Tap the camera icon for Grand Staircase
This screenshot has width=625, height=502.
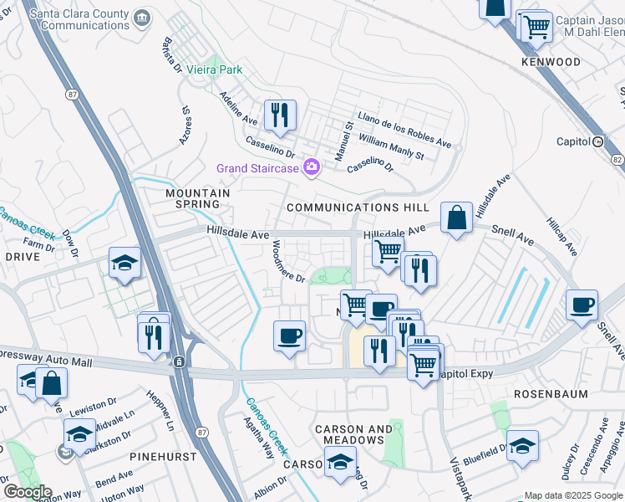(312, 168)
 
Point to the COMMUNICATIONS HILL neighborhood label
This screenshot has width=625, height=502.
(358, 207)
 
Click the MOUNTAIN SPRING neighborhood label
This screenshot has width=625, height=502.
(197, 198)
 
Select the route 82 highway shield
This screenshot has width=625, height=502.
(617, 158)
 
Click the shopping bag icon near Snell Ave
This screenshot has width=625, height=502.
(456, 219)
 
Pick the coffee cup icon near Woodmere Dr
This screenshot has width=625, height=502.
(289, 336)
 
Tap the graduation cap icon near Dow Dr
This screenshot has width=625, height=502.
(124, 264)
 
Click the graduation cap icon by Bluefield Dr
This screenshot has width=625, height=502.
(522, 445)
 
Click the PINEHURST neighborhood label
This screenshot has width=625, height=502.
(163, 457)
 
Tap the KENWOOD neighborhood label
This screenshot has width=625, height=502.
(551, 63)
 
